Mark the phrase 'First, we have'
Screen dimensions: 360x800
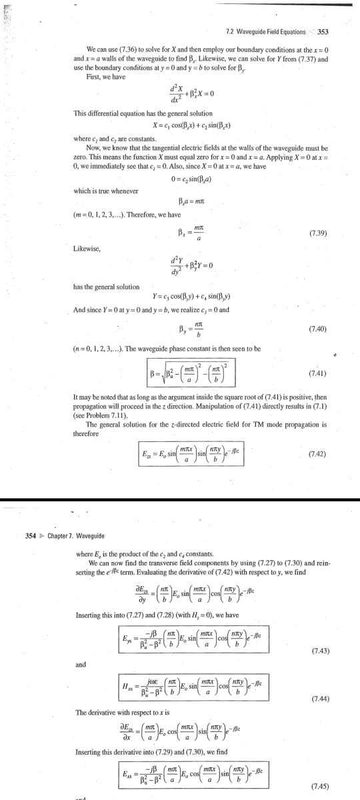coord(107,75)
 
